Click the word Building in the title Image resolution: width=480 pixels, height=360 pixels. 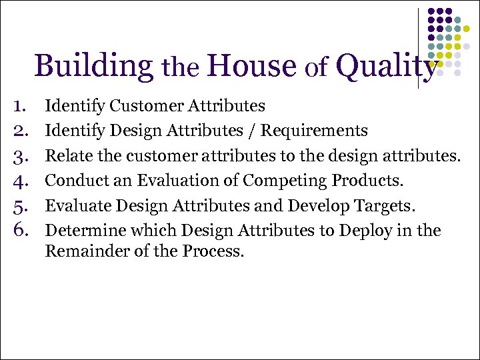[94, 67]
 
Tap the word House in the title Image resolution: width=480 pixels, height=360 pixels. [251, 67]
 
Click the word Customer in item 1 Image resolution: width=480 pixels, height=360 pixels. [142, 105]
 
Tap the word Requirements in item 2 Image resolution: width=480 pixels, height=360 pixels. [314, 130]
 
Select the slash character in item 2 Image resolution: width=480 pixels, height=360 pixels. [253, 130]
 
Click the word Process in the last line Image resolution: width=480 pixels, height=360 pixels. [217, 252]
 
